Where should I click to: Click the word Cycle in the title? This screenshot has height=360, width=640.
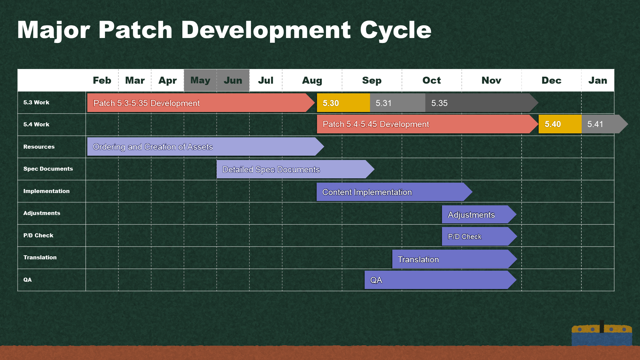coord(396,30)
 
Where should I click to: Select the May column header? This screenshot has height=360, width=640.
coord(200,80)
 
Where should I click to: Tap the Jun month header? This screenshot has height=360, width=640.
coord(233,80)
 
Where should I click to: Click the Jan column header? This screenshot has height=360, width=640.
coord(598,80)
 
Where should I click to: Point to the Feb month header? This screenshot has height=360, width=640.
coord(102,80)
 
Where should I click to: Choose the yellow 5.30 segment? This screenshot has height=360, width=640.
coord(343,103)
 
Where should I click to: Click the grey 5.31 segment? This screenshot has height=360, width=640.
coord(398,103)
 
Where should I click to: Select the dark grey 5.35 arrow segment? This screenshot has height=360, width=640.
coord(480,103)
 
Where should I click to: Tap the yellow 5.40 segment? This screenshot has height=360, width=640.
coord(560,124)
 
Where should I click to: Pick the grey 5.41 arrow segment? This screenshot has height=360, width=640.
coord(603,124)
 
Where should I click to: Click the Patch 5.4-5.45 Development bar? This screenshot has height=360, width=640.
coord(427,124)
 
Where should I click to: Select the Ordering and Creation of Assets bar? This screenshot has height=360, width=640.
coord(205,147)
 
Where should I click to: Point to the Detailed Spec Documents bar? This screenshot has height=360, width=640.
coord(295,169)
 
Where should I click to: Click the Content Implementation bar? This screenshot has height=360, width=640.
coord(394,192)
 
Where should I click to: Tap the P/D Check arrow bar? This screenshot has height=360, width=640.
coord(479,236)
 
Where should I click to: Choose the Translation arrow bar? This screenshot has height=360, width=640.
coord(454,259)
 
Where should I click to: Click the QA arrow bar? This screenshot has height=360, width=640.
coord(440,280)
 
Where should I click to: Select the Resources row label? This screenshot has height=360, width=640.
coord(39,147)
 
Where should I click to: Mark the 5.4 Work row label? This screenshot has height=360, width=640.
coord(36,124)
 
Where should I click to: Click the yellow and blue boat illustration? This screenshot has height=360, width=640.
coord(602,333)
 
